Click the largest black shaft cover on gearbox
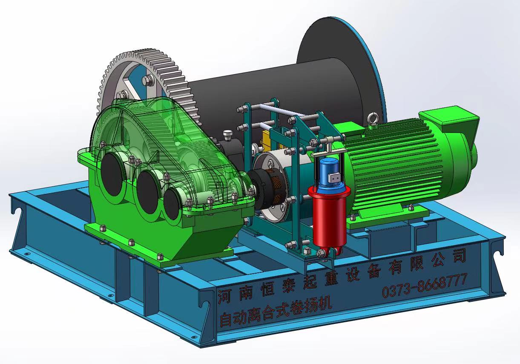coord(112,175)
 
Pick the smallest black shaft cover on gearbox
coord(171,204)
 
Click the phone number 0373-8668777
coord(424,286)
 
